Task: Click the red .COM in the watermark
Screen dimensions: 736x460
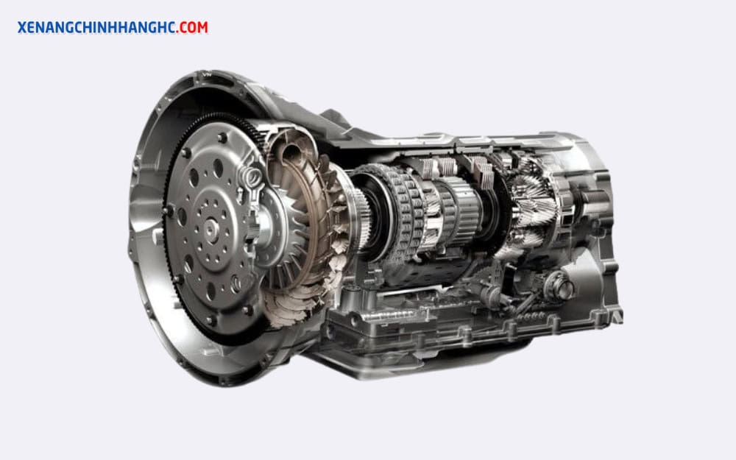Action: point(193,27)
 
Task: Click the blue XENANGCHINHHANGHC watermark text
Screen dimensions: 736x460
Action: point(96,27)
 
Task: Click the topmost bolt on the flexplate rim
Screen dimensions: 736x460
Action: point(222,138)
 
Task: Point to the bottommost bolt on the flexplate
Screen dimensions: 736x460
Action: point(210,321)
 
